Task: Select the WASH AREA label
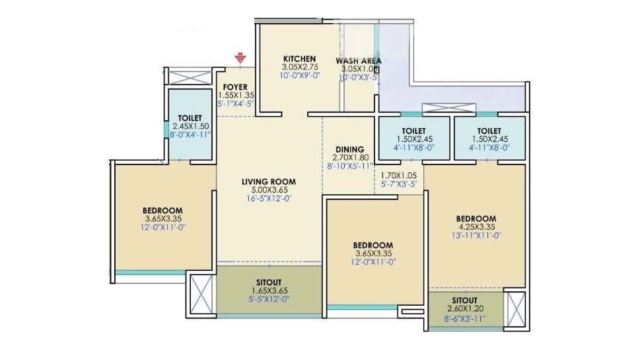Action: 358,61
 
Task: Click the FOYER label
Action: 235,87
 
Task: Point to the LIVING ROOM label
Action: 268,182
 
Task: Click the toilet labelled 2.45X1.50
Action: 190,126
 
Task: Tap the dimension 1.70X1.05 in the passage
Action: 399,176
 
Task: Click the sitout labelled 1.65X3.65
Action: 269,290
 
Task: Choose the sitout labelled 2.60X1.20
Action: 464,310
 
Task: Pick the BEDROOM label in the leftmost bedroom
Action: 162,211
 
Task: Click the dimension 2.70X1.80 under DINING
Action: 347,159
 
